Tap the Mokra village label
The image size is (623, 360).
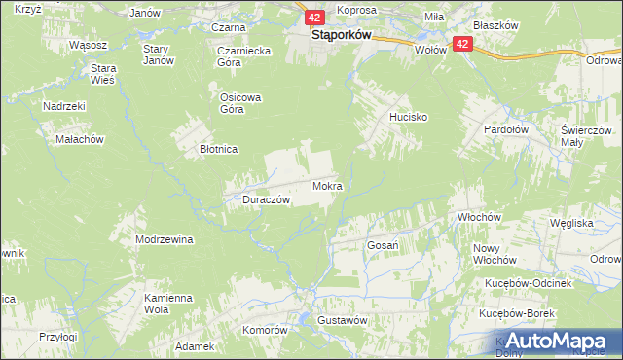[x=327, y=185]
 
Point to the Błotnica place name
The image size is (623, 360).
[x=218, y=150]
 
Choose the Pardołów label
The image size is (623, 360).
[x=507, y=127]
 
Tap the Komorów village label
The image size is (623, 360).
[x=266, y=330]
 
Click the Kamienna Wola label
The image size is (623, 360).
[x=165, y=304]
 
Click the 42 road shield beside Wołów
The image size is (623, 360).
[x=462, y=44]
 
